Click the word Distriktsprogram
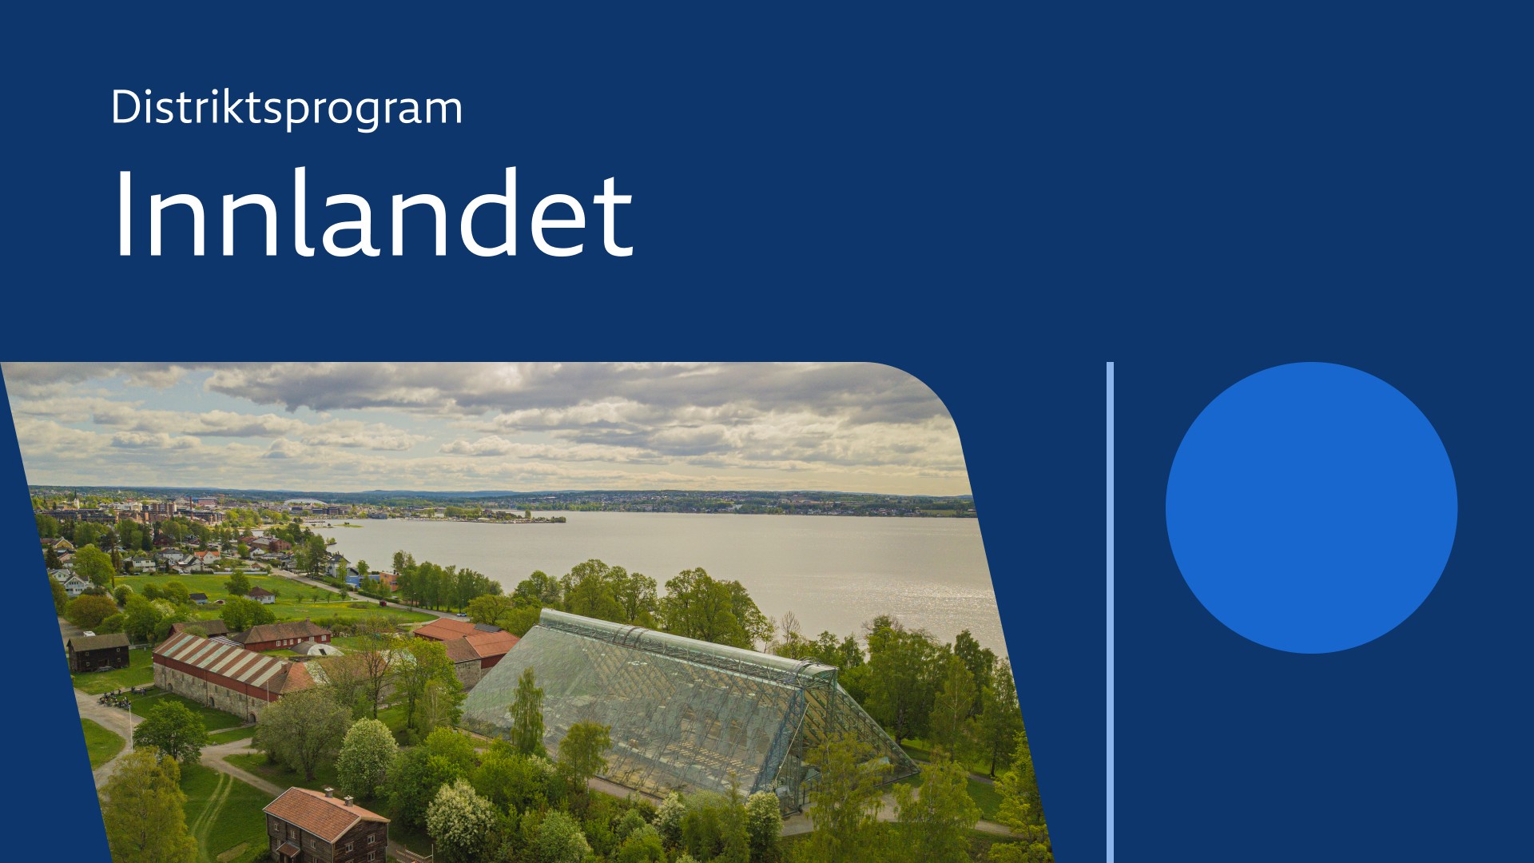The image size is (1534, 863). point(287,108)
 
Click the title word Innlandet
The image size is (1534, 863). point(373,213)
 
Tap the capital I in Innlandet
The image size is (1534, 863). point(124,213)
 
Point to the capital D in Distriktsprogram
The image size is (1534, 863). point(126,106)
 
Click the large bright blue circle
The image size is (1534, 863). point(1311,507)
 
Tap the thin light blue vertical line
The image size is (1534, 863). point(1111,612)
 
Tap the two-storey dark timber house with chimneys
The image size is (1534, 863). point(325,825)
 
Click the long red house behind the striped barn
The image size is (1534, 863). point(283,635)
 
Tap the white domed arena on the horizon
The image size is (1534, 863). point(304,503)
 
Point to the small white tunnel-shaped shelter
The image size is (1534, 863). point(317,650)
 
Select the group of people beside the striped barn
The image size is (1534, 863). point(114,701)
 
